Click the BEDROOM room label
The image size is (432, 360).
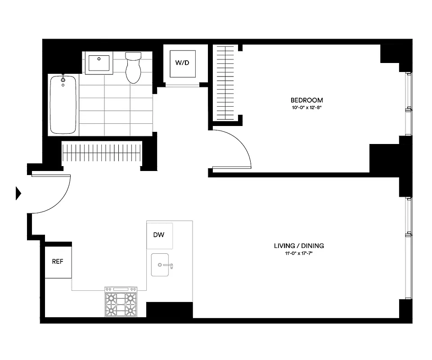(x=306, y=100)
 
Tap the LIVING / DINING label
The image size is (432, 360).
(x=299, y=246)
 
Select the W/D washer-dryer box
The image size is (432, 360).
(x=182, y=63)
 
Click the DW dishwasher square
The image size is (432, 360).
(x=159, y=235)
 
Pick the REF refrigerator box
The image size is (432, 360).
(x=58, y=261)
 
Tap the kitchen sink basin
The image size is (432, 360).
(x=160, y=264)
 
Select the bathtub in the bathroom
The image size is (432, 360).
(x=63, y=105)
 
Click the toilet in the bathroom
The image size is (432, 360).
(x=133, y=68)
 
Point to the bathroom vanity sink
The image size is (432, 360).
(x=99, y=63)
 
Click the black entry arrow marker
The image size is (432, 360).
(x=18, y=193)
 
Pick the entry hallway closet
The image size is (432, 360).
(x=101, y=153)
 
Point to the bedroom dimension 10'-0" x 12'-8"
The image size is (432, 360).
(x=306, y=108)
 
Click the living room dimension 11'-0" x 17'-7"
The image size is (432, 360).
(x=299, y=253)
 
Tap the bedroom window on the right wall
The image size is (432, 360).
(x=409, y=104)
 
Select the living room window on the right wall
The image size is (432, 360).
(x=409, y=247)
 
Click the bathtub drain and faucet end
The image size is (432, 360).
(x=63, y=81)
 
